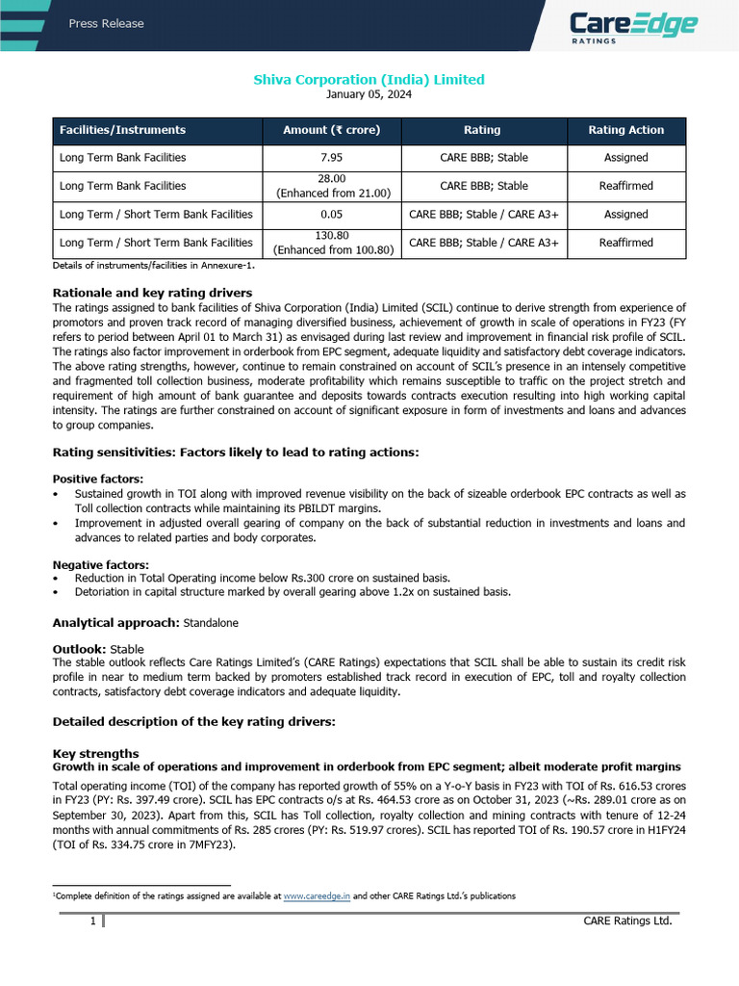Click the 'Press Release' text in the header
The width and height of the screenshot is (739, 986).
(106, 23)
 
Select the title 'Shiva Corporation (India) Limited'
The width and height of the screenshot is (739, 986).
(369, 80)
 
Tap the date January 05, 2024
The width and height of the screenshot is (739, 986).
(369, 94)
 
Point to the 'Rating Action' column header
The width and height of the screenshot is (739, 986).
(625, 130)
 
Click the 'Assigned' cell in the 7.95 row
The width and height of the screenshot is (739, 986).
(625, 158)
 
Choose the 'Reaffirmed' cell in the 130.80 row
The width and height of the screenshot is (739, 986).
(625, 244)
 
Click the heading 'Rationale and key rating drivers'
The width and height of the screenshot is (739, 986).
(152, 293)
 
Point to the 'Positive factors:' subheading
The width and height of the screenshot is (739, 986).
(98, 479)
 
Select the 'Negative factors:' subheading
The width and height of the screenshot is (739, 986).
(100, 564)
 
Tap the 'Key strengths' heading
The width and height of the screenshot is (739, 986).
(95, 753)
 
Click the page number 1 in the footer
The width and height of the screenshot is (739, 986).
(93, 921)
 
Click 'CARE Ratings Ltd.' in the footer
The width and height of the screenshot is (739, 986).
(627, 921)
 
